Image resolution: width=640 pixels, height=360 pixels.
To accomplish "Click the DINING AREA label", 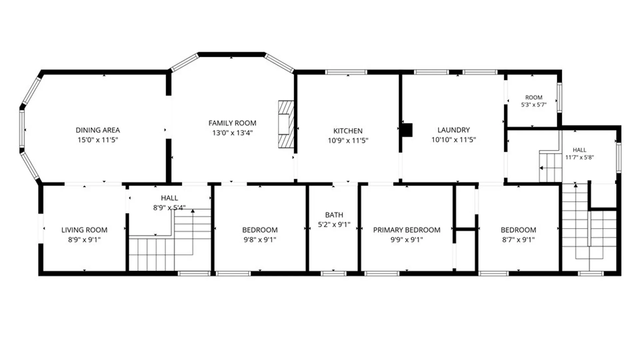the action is coord(98,130).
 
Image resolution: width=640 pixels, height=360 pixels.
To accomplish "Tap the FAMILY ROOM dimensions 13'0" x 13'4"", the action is coord(232,133).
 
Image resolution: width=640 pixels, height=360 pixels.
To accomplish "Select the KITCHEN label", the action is coord(348,131).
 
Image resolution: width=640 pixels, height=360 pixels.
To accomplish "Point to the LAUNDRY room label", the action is coord(454,130).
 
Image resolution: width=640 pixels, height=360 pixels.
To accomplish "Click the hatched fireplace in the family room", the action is coord(286,124).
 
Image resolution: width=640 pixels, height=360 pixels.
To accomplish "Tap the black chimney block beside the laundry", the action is coord(407,130).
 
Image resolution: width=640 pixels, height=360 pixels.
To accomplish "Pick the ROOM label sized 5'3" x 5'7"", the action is coord(534,97).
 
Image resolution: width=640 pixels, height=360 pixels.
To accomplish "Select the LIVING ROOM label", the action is coord(84,230).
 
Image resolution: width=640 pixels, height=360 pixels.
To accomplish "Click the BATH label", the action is coord(334,215).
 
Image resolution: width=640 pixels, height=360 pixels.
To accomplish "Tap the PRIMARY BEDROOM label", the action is coord(407,230).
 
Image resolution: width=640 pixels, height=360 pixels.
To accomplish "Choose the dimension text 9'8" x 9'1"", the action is coord(260,239).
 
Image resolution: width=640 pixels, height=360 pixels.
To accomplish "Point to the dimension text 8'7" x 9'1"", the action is coord(518,239).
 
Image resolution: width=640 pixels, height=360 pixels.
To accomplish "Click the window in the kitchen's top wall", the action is coord(346,72).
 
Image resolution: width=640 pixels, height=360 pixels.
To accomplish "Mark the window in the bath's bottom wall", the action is coord(334,274).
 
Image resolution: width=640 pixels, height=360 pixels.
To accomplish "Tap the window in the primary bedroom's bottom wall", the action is coord(382,274).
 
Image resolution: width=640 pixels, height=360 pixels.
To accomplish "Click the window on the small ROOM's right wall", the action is coord(559,97).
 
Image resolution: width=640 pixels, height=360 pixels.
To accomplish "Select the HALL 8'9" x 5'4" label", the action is coord(169,203).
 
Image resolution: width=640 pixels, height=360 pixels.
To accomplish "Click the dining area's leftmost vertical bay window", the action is coord(22,128).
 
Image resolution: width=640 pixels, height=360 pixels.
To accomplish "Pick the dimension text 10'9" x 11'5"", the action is coord(348,140).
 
